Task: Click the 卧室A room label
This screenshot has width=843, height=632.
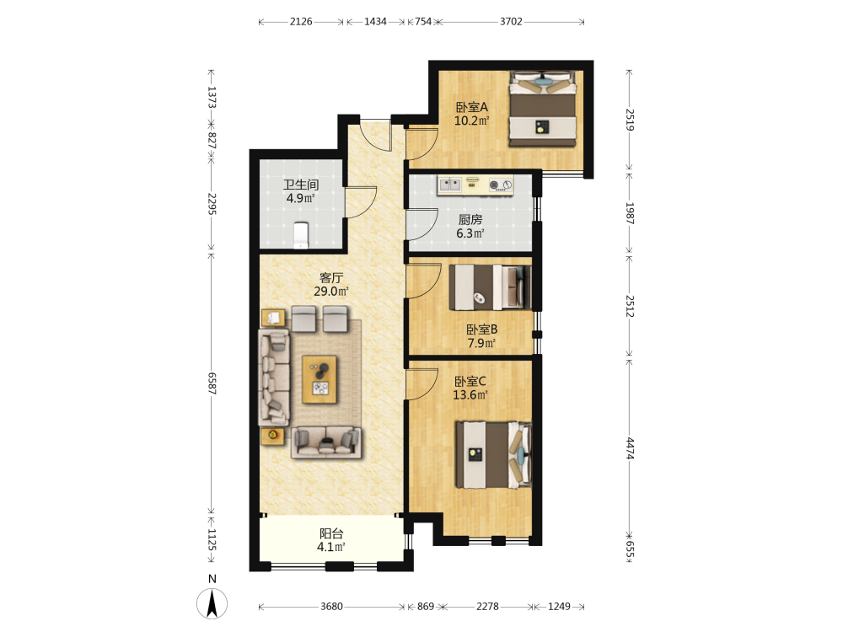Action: tap(471, 107)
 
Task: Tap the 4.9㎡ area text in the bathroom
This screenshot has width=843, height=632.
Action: tap(301, 198)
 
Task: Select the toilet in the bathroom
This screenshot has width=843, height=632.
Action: tap(301, 235)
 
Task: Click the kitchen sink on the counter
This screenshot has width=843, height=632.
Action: tap(450, 185)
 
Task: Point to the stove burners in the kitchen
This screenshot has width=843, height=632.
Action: tap(500, 185)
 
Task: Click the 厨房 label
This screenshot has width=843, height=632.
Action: tap(470, 219)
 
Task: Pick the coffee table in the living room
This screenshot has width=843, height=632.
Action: tap(319, 379)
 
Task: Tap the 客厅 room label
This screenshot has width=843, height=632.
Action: tap(331, 278)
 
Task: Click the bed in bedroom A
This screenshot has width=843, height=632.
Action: tap(542, 109)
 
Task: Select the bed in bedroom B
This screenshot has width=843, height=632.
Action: tap(490, 287)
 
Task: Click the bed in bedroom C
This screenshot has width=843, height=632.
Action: tap(493, 455)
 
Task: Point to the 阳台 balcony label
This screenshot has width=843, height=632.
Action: tap(331, 533)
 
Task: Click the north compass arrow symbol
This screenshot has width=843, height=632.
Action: tap(212, 603)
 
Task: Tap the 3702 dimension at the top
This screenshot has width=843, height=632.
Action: tap(511, 22)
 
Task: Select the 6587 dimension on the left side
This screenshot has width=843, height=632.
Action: tap(212, 383)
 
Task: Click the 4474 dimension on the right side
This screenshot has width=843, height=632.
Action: tap(630, 448)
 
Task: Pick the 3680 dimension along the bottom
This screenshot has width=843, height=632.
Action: tap(331, 607)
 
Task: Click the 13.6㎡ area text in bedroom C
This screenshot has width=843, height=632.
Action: tap(470, 395)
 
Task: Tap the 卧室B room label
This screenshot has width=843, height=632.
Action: tap(481, 329)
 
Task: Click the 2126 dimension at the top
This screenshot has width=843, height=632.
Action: tap(301, 22)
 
